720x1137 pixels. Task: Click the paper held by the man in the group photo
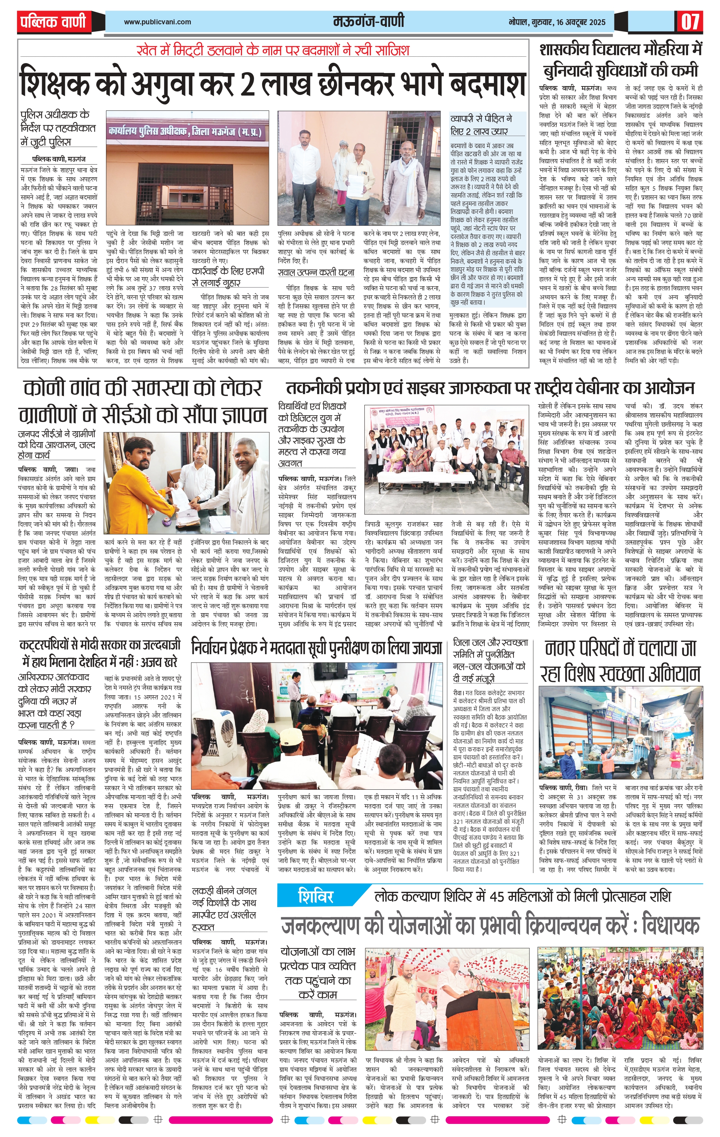(x=353, y=181)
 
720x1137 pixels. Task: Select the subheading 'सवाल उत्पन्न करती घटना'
(x=316, y=272)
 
